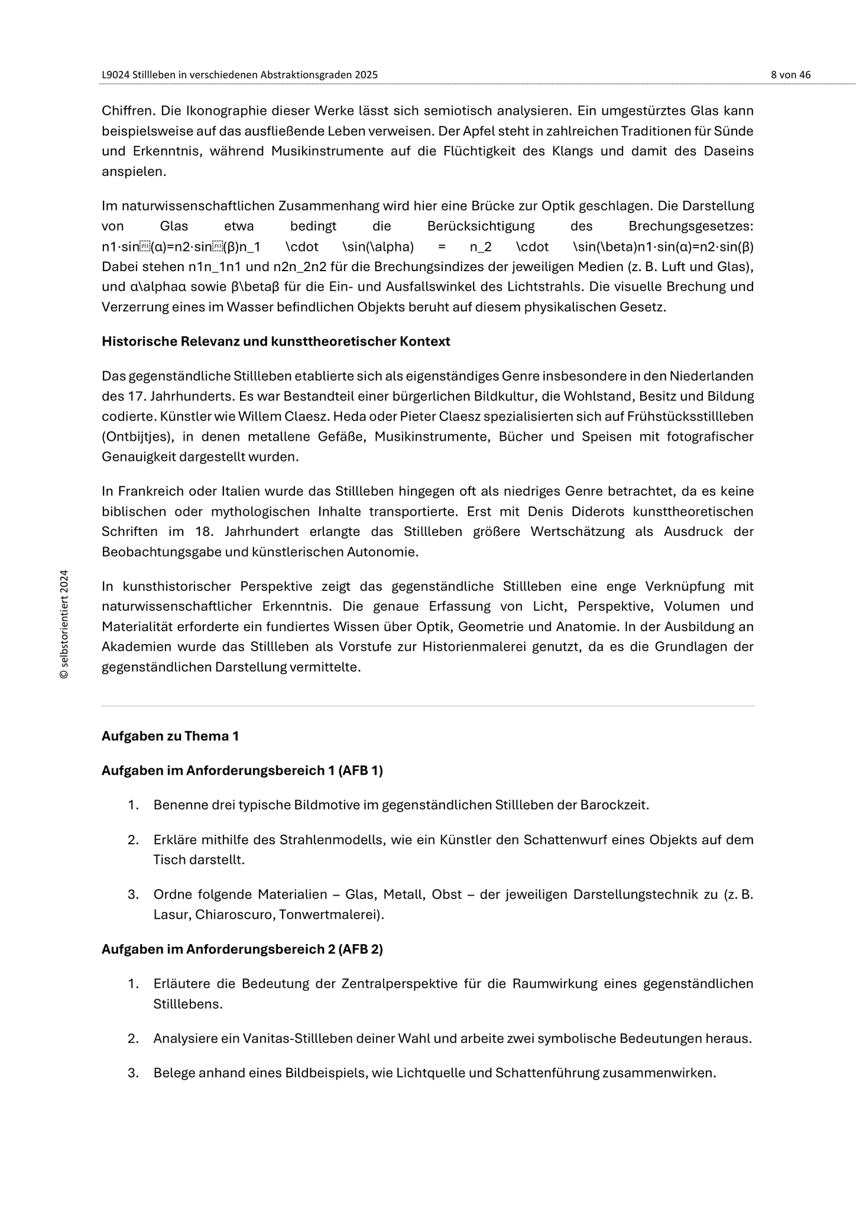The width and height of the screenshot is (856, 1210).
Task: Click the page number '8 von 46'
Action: [790, 75]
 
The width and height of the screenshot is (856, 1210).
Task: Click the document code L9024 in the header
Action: [116, 75]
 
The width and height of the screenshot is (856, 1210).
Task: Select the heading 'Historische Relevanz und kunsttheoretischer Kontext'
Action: [275, 341]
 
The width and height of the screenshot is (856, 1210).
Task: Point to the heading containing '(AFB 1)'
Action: [242, 771]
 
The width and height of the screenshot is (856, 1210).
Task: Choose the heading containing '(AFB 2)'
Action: [242, 949]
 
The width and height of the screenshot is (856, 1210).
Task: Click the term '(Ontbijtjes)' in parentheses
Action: [133, 437]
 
